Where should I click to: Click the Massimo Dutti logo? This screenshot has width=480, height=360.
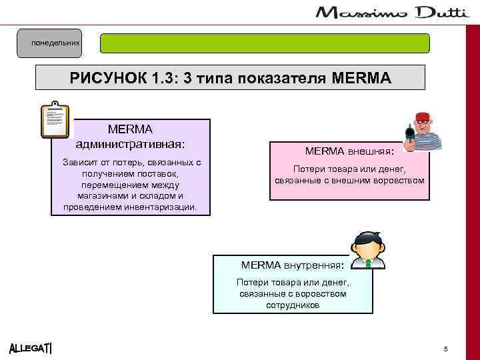pos(397,13)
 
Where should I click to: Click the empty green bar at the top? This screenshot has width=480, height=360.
pos(265,43)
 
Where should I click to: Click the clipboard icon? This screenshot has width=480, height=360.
pos(55,120)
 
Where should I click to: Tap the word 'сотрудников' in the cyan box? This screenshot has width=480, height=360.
pos(293,305)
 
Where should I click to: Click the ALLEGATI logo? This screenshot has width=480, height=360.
pos(31,349)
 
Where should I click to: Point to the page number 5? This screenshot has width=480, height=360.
pos(445,349)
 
